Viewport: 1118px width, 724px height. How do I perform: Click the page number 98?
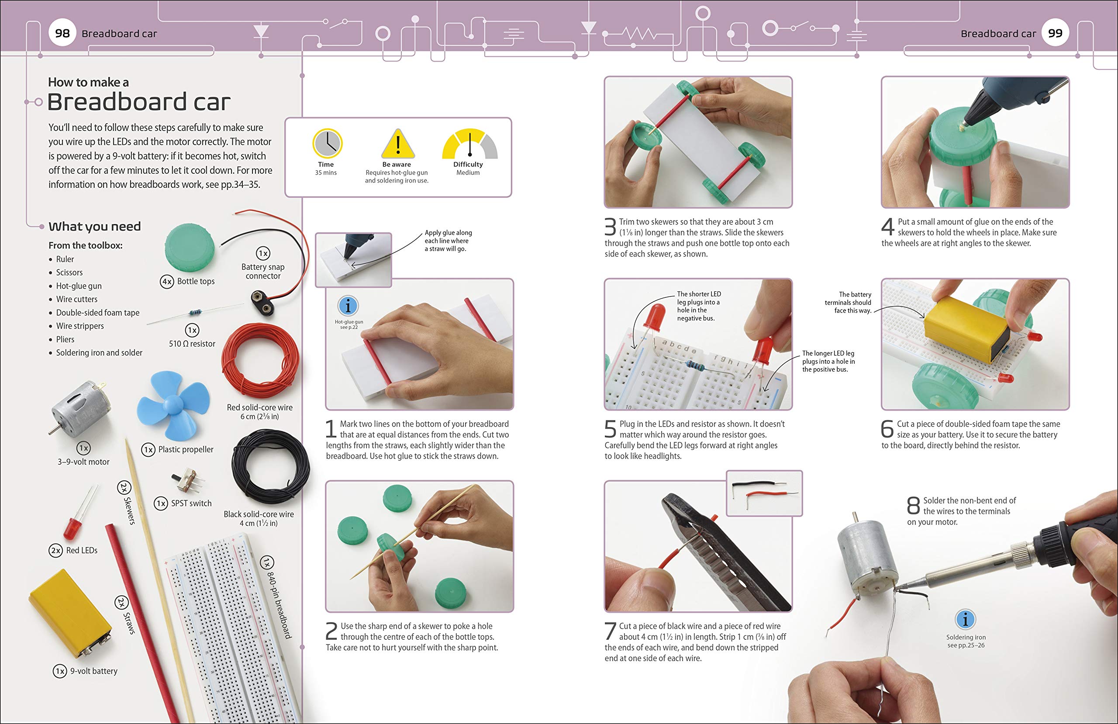click(62, 33)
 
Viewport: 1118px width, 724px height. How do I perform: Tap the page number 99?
click(1055, 33)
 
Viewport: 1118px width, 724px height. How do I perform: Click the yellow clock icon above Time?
click(327, 144)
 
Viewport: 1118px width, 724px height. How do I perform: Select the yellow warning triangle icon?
click(397, 145)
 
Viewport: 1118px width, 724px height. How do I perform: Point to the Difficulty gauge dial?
click(469, 145)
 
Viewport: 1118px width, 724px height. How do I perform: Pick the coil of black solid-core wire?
click(270, 468)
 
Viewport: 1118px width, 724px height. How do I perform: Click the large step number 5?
click(610, 428)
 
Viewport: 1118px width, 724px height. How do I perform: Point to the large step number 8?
click(913, 506)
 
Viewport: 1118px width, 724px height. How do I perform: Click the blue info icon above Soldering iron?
click(965, 619)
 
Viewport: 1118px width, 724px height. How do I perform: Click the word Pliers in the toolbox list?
click(66, 339)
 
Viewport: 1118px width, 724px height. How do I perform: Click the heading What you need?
click(94, 227)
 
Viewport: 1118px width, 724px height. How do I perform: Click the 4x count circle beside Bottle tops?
click(167, 281)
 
